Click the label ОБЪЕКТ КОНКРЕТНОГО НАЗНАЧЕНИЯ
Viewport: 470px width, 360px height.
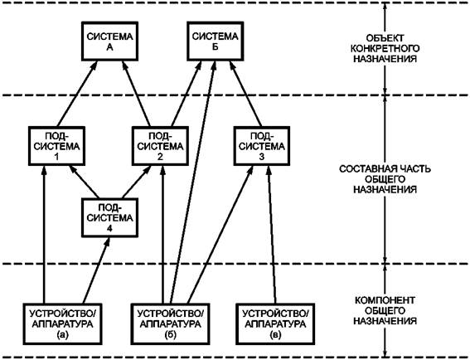pyautogui.click(x=385, y=48)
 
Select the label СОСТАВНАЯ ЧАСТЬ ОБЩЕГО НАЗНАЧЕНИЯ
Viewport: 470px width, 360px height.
pyautogui.click(x=385, y=179)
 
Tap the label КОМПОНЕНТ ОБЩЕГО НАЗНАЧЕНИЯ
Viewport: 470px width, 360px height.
pyautogui.click(x=385, y=310)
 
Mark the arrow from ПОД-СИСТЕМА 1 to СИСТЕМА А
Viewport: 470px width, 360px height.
pyautogui.click(x=77, y=94)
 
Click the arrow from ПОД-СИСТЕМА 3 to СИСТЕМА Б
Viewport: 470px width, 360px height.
pyautogui.click(x=245, y=94)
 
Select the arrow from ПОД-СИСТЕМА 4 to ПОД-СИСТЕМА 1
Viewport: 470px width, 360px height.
pyautogui.click(x=85, y=182)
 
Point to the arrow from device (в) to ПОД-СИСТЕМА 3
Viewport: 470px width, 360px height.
pyautogui.click(x=272, y=235)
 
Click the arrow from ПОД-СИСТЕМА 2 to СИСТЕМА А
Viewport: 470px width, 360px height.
pyautogui.click(x=136, y=94)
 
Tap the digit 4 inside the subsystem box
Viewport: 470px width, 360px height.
pyautogui.click(x=109, y=229)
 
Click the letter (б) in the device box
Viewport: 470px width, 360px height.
pyautogui.click(x=170, y=335)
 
